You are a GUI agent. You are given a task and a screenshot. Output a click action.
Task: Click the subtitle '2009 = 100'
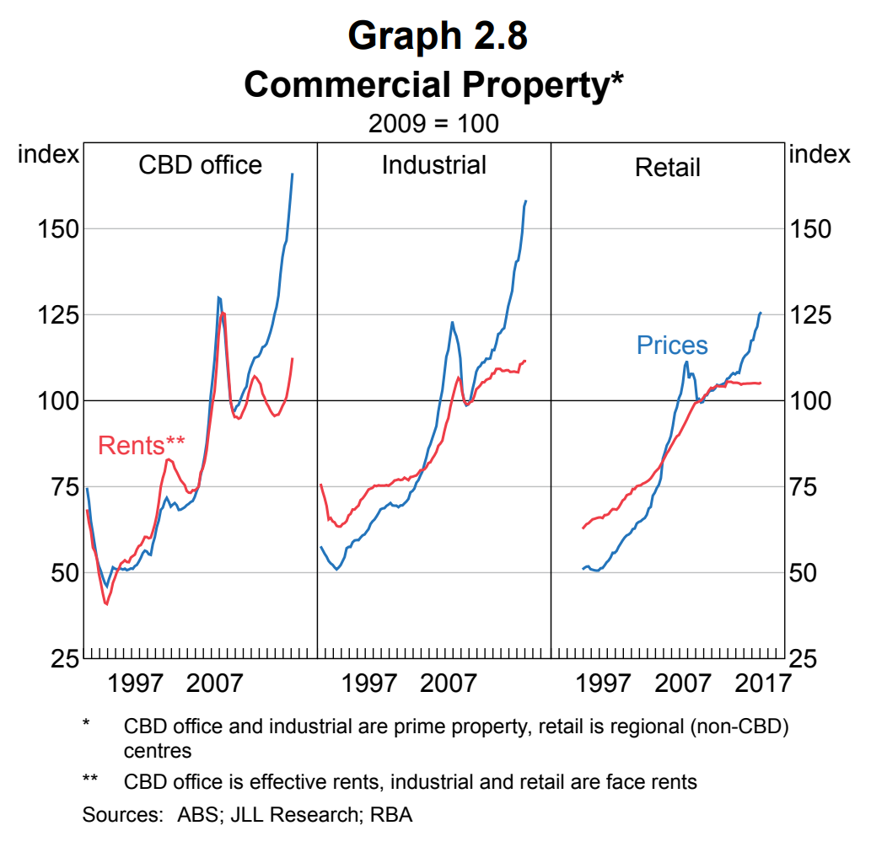tap(433, 123)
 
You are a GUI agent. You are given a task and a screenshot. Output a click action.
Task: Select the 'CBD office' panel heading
tap(200, 164)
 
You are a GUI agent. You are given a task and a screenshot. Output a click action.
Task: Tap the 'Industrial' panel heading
tap(433, 164)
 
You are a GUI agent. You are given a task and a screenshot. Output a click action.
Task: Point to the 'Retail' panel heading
tap(667, 167)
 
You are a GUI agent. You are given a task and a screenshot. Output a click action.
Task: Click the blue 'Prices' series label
tap(672, 345)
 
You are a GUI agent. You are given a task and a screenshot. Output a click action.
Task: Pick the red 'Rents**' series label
tap(141, 445)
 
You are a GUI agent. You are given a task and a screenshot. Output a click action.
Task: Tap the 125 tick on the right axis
tap(809, 315)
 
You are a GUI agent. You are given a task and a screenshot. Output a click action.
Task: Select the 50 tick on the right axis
tap(803, 572)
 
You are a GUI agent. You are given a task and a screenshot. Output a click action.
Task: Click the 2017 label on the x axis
tap(762, 682)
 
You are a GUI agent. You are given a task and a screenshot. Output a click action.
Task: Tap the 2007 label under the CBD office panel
tap(214, 682)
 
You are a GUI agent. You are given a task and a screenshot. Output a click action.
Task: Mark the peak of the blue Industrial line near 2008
tap(452, 322)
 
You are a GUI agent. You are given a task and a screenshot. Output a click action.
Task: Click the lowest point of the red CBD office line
tap(106, 603)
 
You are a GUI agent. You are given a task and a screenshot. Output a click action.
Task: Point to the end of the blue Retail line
tap(761, 313)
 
